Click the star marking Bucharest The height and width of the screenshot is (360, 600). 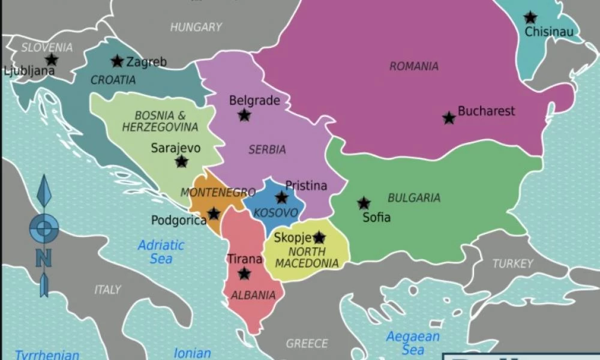click(x=449, y=118)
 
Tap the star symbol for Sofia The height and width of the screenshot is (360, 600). click(x=364, y=203)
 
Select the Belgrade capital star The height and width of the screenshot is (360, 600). click(x=244, y=115)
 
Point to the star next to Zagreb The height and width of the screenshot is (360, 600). click(x=117, y=61)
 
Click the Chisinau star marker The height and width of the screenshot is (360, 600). click(x=530, y=18)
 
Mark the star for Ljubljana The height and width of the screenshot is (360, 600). click(x=52, y=59)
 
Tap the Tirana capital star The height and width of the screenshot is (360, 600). click(x=244, y=274)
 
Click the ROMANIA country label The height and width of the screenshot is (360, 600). click(x=414, y=67)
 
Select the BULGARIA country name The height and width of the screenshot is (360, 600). click(x=414, y=197)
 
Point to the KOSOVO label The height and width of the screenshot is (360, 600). click(x=275, y=213)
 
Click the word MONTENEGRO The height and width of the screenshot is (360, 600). click(x=218, y=193)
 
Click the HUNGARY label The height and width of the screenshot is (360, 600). click(x=196, y=27)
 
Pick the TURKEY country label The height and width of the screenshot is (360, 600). click(x=512, y=263)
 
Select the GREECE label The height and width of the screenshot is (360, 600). click(x=307, y=344)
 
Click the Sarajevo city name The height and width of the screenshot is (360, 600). click(x=176, y=148)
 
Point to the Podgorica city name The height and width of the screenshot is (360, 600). click(x=179, y=220)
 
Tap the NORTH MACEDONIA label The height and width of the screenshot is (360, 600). click(x=306, y=257)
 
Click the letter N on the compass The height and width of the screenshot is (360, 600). click(x=43, y=258)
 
